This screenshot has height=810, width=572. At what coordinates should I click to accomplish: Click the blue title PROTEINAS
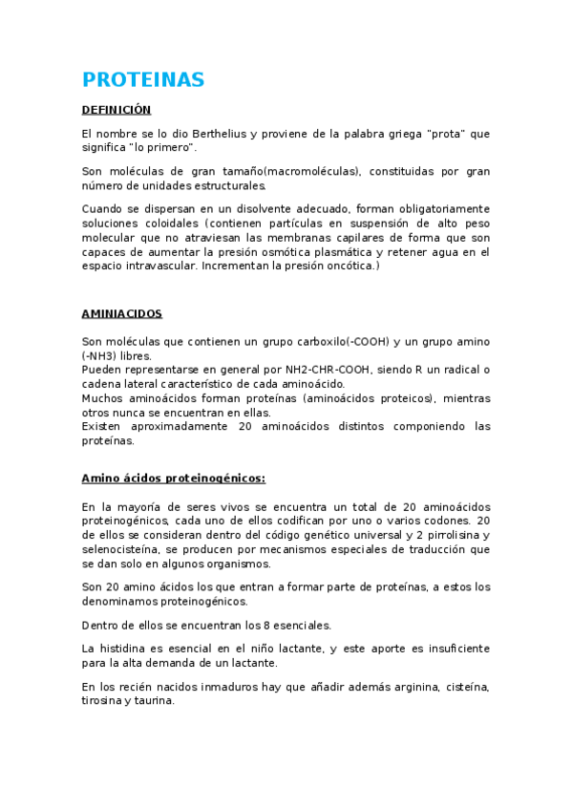click(x=143, y=79)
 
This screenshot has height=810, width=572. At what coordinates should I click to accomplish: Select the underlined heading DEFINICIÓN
click(x=117, y=110)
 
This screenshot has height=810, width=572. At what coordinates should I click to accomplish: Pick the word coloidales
click(x=159, y=223)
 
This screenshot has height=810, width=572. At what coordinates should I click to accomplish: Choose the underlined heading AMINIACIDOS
click(x=122, y=313)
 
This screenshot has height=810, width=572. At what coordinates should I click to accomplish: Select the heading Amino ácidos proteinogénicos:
click(x=174, y=478)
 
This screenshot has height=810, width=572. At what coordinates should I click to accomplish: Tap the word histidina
click(x=122, y=649)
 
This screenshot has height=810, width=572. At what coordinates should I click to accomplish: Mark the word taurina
click(x=155, y=701)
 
